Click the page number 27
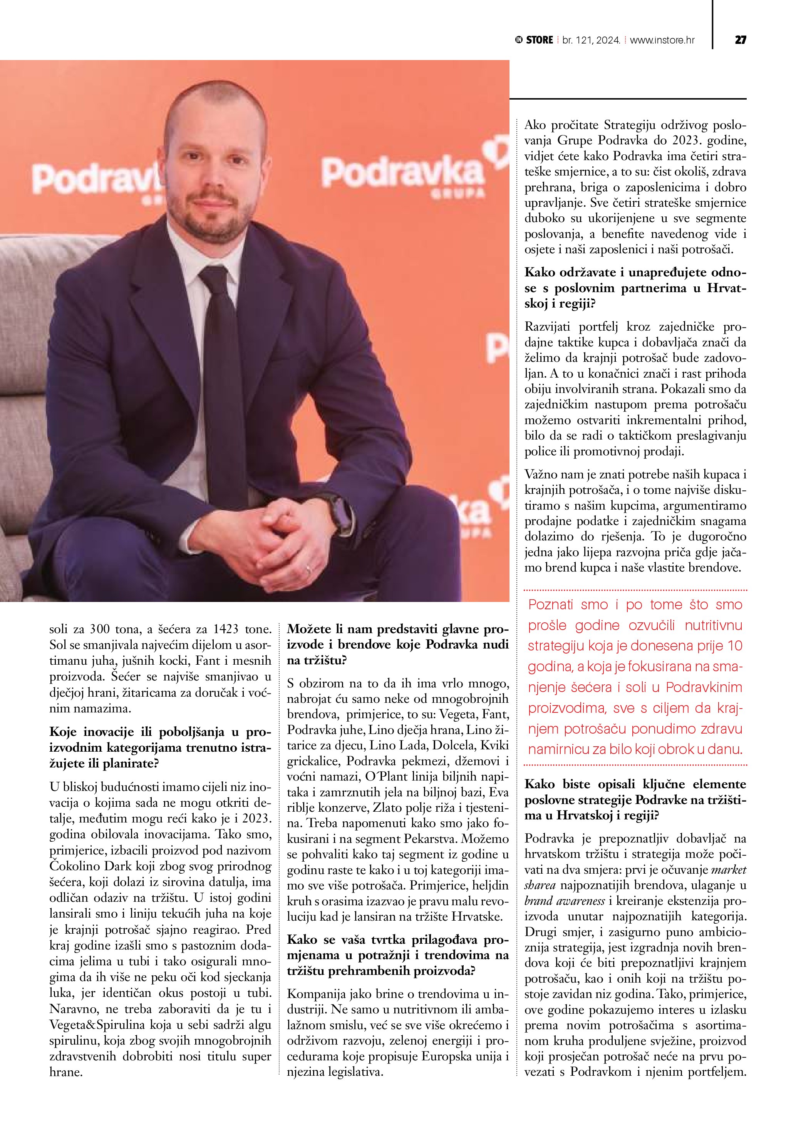click(x=740, y=40)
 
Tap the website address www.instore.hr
click(x=662, y=40)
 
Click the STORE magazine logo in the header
click(x=534, y=40)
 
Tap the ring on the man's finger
click(x=308, y=569)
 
